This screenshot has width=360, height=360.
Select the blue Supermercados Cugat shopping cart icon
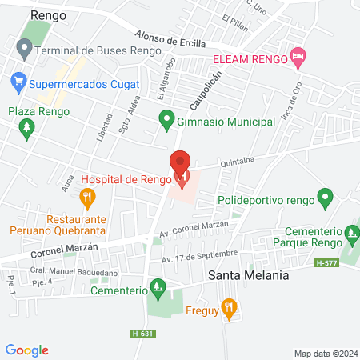(18, 81)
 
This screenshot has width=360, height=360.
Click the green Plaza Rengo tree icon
(29, 127)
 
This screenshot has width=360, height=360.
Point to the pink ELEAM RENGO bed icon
(298, 55)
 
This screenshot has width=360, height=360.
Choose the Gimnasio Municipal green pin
(166, 121)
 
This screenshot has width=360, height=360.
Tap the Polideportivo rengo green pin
(325, 196)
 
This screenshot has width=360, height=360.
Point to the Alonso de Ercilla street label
(170, 39)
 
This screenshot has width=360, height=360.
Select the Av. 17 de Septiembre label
(199, 256)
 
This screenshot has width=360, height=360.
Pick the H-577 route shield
(326, 263)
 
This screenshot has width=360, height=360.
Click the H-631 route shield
(142, 334)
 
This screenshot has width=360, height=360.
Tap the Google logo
(26, 350)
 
